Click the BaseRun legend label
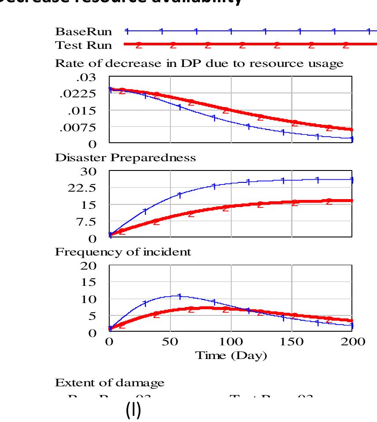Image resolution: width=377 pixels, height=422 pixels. click(x=84, y=32)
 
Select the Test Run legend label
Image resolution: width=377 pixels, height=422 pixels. click(x=84, y=45)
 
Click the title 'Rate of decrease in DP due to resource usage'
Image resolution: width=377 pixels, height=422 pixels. click(x=199, y=63)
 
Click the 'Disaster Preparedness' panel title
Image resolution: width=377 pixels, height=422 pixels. click(x=125, y=158)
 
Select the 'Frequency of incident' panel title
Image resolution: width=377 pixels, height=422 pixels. click(x=123, y=252)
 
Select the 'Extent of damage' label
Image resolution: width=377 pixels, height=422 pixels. click(x=110, y=383)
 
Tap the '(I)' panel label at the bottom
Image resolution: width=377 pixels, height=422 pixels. click(x=133, y=410)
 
